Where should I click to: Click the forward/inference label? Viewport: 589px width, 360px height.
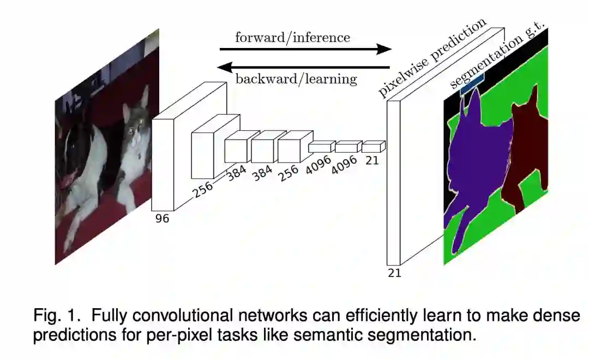292,37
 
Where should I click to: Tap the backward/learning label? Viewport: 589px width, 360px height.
296,79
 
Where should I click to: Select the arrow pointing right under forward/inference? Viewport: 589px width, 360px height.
305,50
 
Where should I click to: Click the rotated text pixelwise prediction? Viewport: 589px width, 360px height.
432,58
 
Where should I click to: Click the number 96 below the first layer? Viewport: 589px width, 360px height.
162,219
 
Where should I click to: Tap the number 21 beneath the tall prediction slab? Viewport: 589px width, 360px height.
394,273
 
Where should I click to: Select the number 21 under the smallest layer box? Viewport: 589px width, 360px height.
372,160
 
